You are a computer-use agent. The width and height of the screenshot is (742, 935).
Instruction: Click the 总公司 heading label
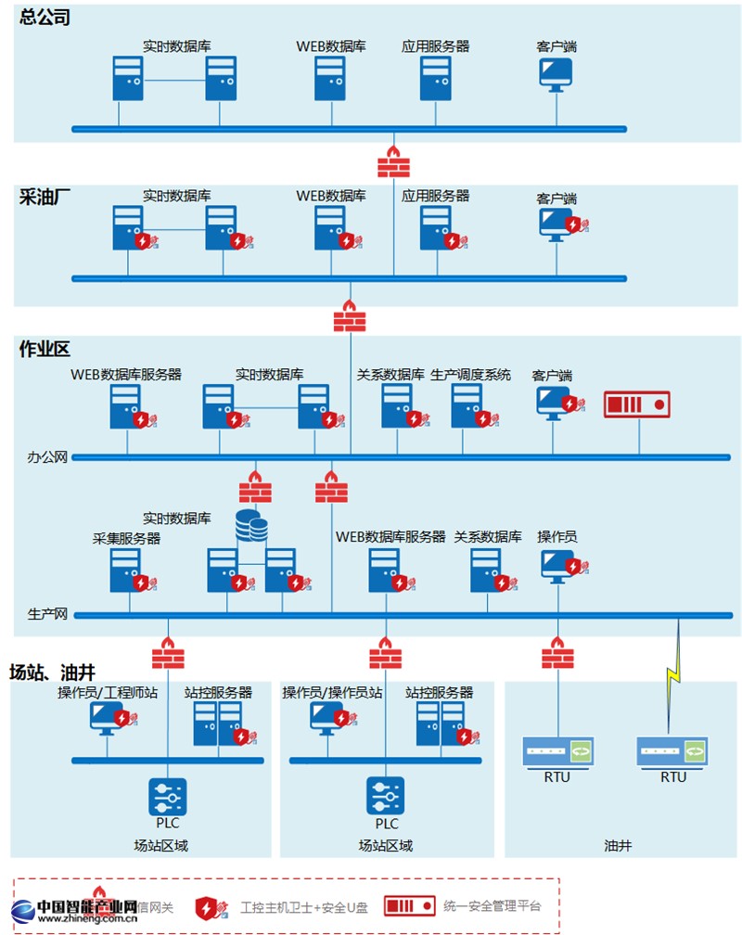[45, 18]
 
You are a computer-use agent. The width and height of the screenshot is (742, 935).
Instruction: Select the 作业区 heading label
[45, 350]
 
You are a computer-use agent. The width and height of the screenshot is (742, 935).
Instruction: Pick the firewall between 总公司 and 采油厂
[393, 161]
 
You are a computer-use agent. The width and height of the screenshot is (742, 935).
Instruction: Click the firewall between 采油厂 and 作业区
[350, 316]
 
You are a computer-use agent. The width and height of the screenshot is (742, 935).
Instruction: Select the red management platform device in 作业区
[636, 405]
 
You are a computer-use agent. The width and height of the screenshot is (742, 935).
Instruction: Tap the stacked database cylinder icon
[251, 526]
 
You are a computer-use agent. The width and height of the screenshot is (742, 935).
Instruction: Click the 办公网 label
[47, 457]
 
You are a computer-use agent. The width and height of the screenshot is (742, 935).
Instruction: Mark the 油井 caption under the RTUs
[618, 845]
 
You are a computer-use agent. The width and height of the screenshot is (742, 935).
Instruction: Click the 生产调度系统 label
[470, 375]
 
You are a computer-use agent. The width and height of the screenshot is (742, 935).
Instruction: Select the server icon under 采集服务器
[125, 569]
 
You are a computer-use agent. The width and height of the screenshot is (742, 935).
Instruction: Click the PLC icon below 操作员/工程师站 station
[168, 796]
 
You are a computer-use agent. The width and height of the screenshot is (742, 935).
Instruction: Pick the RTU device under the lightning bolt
[672, 751]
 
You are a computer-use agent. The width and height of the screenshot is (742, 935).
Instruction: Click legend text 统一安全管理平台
[491, 906]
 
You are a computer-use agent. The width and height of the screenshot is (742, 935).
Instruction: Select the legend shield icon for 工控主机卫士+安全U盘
[209, 907]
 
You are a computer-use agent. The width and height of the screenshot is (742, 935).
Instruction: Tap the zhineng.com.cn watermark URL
[88, 920]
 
